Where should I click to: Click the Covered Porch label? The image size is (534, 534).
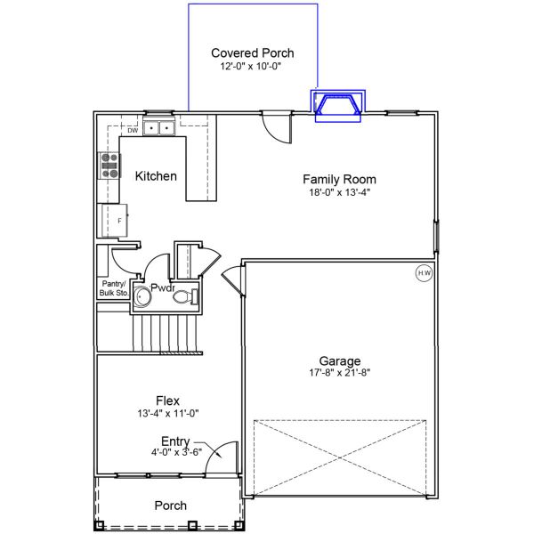[x=252, y=53]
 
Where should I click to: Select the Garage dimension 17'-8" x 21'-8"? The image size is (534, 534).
[x=341, y=373]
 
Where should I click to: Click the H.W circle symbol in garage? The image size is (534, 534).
[x=423, y=273]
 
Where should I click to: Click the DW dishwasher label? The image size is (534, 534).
[x=133, y=131]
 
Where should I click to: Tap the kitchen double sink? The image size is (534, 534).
[x=159, y=128]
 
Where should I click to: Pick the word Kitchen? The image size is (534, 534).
[x=156, y=176]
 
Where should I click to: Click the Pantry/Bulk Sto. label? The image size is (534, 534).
[x=114, y=287]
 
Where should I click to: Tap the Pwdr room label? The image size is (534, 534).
[x=162, y=287]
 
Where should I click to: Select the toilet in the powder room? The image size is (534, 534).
[x=184, y=297]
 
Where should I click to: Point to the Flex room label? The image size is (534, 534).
[x=167, y=401]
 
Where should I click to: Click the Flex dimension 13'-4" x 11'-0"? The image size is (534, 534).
[x=167, y=414]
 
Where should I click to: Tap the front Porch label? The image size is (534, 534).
[x=171, y=506]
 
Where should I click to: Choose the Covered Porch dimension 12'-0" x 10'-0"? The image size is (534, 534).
[x=252, y=67]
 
